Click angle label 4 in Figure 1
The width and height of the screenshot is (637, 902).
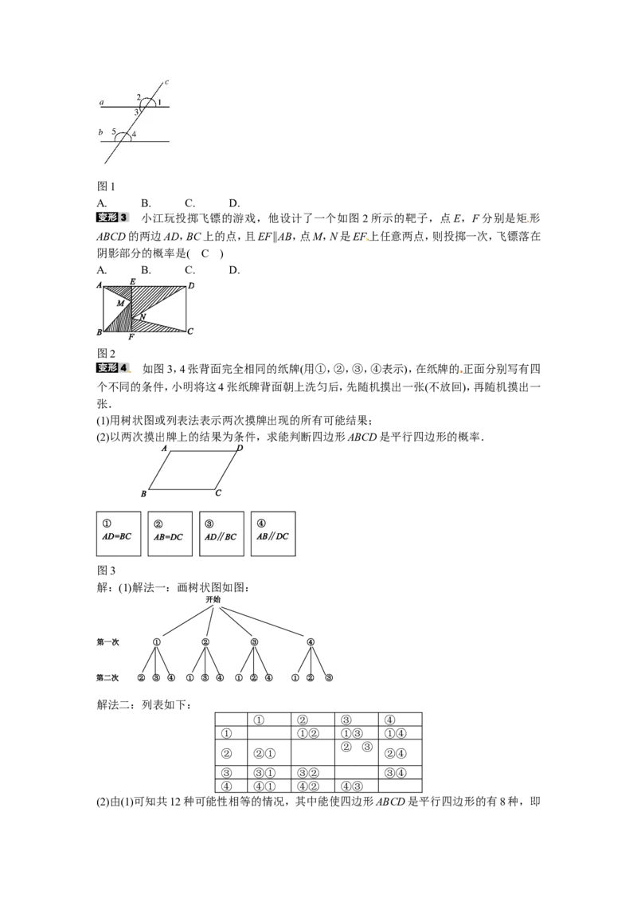coord(134,135)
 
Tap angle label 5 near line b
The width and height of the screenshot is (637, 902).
coord(114,131)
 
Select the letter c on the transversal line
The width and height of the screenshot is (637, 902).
coord(166,82)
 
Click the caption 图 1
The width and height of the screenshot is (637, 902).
coord(107,186)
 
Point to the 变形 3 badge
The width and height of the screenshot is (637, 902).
coord(113,218)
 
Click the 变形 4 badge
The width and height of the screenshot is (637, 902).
coord(113,368)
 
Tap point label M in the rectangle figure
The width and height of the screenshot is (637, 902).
coord(121,303)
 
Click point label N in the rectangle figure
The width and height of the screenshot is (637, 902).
coord(143,317)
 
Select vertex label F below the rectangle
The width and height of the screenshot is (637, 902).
coord(131,337)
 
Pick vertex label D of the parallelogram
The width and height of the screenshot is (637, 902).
coord(240,448)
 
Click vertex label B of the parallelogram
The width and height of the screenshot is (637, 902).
coord(144,493)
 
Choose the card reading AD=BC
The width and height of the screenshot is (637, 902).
coord(119,534)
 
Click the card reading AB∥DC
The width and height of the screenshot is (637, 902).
coord(273,534)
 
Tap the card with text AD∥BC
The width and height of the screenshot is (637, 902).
coord(221,534)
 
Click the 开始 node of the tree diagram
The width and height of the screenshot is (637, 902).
coord(213,599)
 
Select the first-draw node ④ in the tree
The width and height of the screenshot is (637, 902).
coord(311,642)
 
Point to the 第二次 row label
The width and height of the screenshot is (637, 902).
coord(107,677)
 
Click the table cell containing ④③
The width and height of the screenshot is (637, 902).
coord(357,786)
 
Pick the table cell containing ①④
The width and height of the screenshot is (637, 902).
coord(401,733)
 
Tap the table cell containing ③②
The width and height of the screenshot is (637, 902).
coord(313,773)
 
